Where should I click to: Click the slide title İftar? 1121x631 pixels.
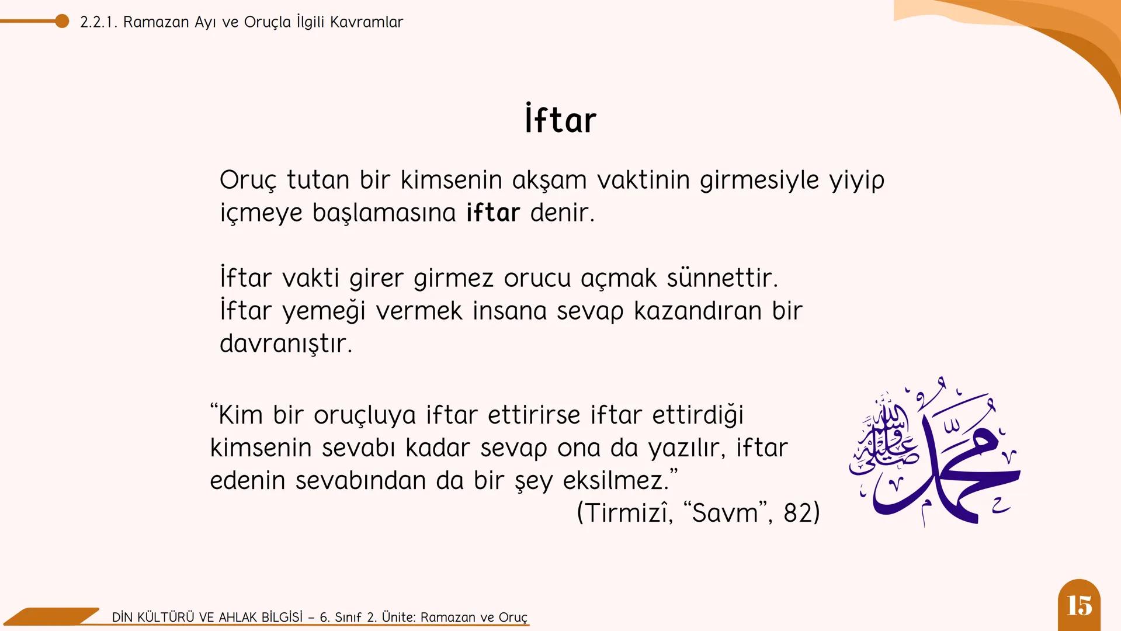pos(560,120)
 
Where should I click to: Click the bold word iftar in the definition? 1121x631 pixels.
pos(492,213)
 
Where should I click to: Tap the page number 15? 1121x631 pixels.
pos(1079,606)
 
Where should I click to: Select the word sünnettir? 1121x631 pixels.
pos(722,278)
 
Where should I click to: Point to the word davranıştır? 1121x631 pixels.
pos(286,344)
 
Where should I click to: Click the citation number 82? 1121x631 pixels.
pos(797,513)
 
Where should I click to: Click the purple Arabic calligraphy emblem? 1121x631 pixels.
pos(935,453)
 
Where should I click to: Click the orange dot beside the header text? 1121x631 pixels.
pos(62,22)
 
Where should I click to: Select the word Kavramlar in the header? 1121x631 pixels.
pos(366,22)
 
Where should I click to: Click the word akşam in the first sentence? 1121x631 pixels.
pos(549,180)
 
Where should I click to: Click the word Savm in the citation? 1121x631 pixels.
pos(724,513)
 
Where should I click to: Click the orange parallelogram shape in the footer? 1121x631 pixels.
pos(53,616)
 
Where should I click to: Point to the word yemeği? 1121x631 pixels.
pos(324,311)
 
